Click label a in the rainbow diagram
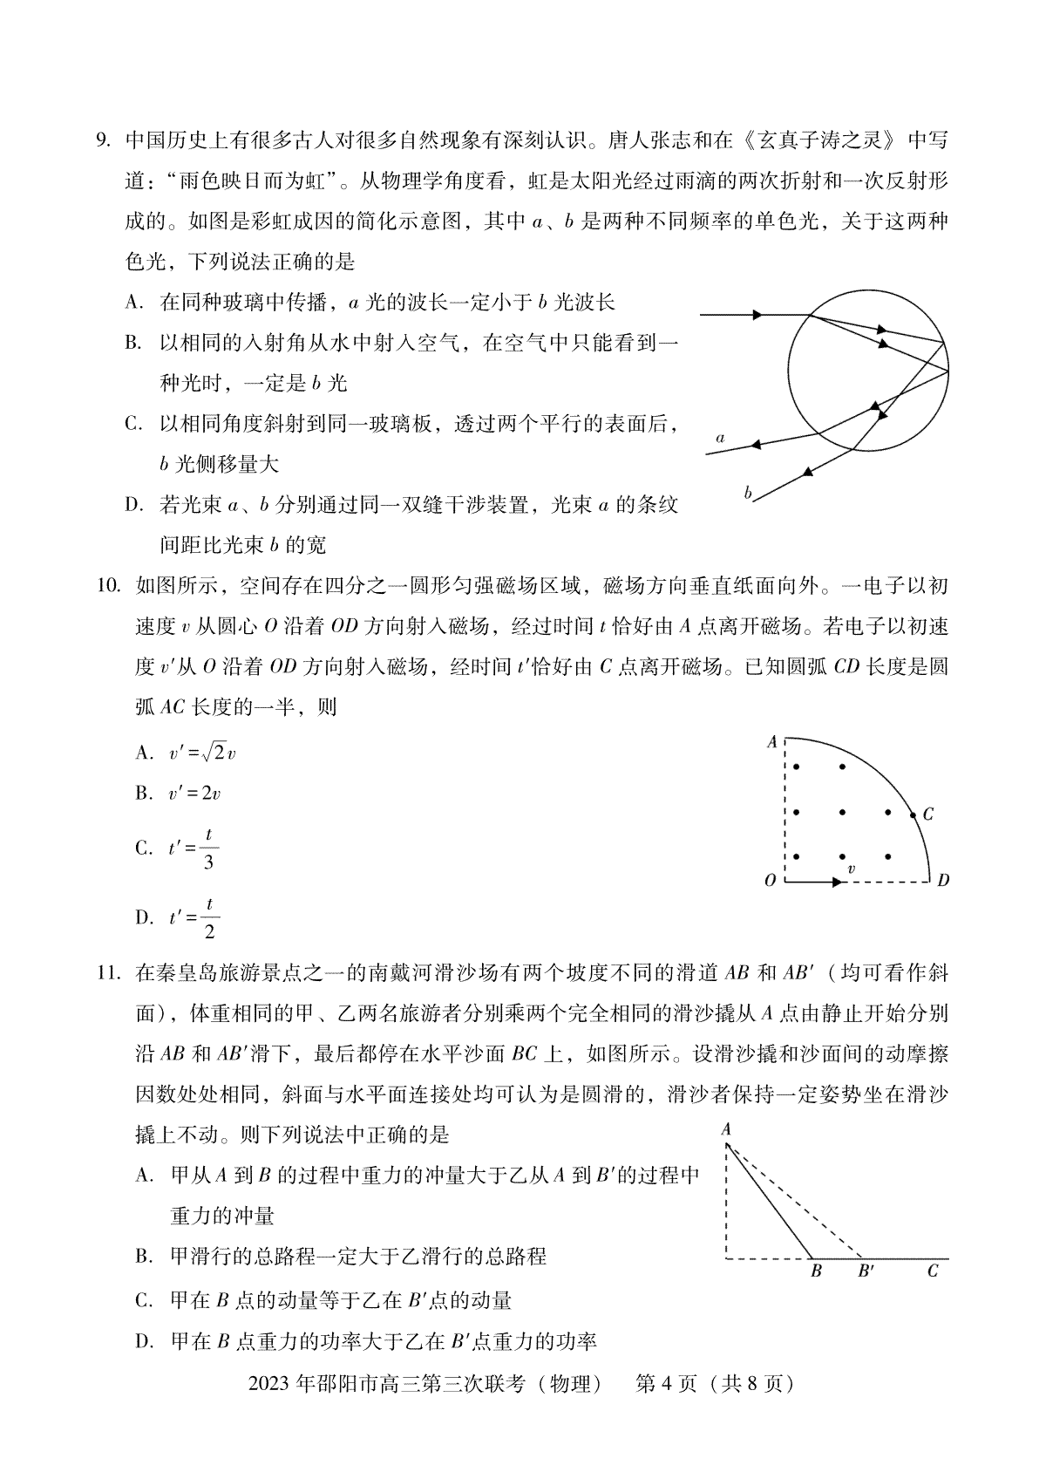tap(720, 438)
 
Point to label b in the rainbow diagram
tap(748, 493)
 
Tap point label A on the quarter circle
tap(771, 742)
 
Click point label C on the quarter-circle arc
tap(927, 814)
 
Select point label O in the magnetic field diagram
tap(770, 882)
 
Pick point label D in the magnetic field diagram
tap(943, 882)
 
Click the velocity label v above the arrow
tap(851, 869)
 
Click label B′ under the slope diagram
tap(866, 1271)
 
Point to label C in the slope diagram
tap(933, 1271)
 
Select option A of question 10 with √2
tap(201, 753)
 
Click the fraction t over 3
tap(208, 849)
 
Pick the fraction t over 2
tap(208, 917)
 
